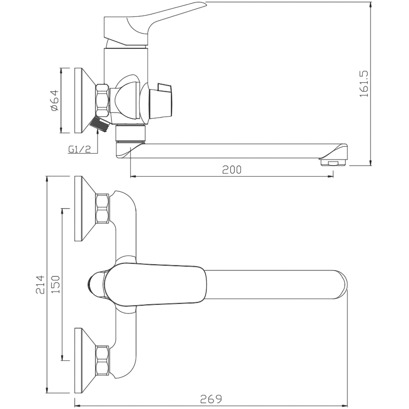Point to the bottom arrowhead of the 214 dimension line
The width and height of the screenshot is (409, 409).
(x=47, y=388)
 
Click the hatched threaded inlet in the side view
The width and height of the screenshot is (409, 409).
(x=99, y=124)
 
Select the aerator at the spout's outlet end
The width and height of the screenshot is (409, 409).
(x=333, y=163)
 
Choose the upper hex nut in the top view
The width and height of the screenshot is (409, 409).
(x=102, y=209)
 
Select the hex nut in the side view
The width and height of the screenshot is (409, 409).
(x=103, y=100)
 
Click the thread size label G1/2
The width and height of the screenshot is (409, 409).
(x=80, y=149)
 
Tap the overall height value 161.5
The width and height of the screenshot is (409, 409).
(x=364, y=84)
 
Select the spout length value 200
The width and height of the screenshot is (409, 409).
(x=232, y=170)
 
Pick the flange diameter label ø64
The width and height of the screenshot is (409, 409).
(x=55, y=101)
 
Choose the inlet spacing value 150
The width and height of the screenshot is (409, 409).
(x=56, y=285)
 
